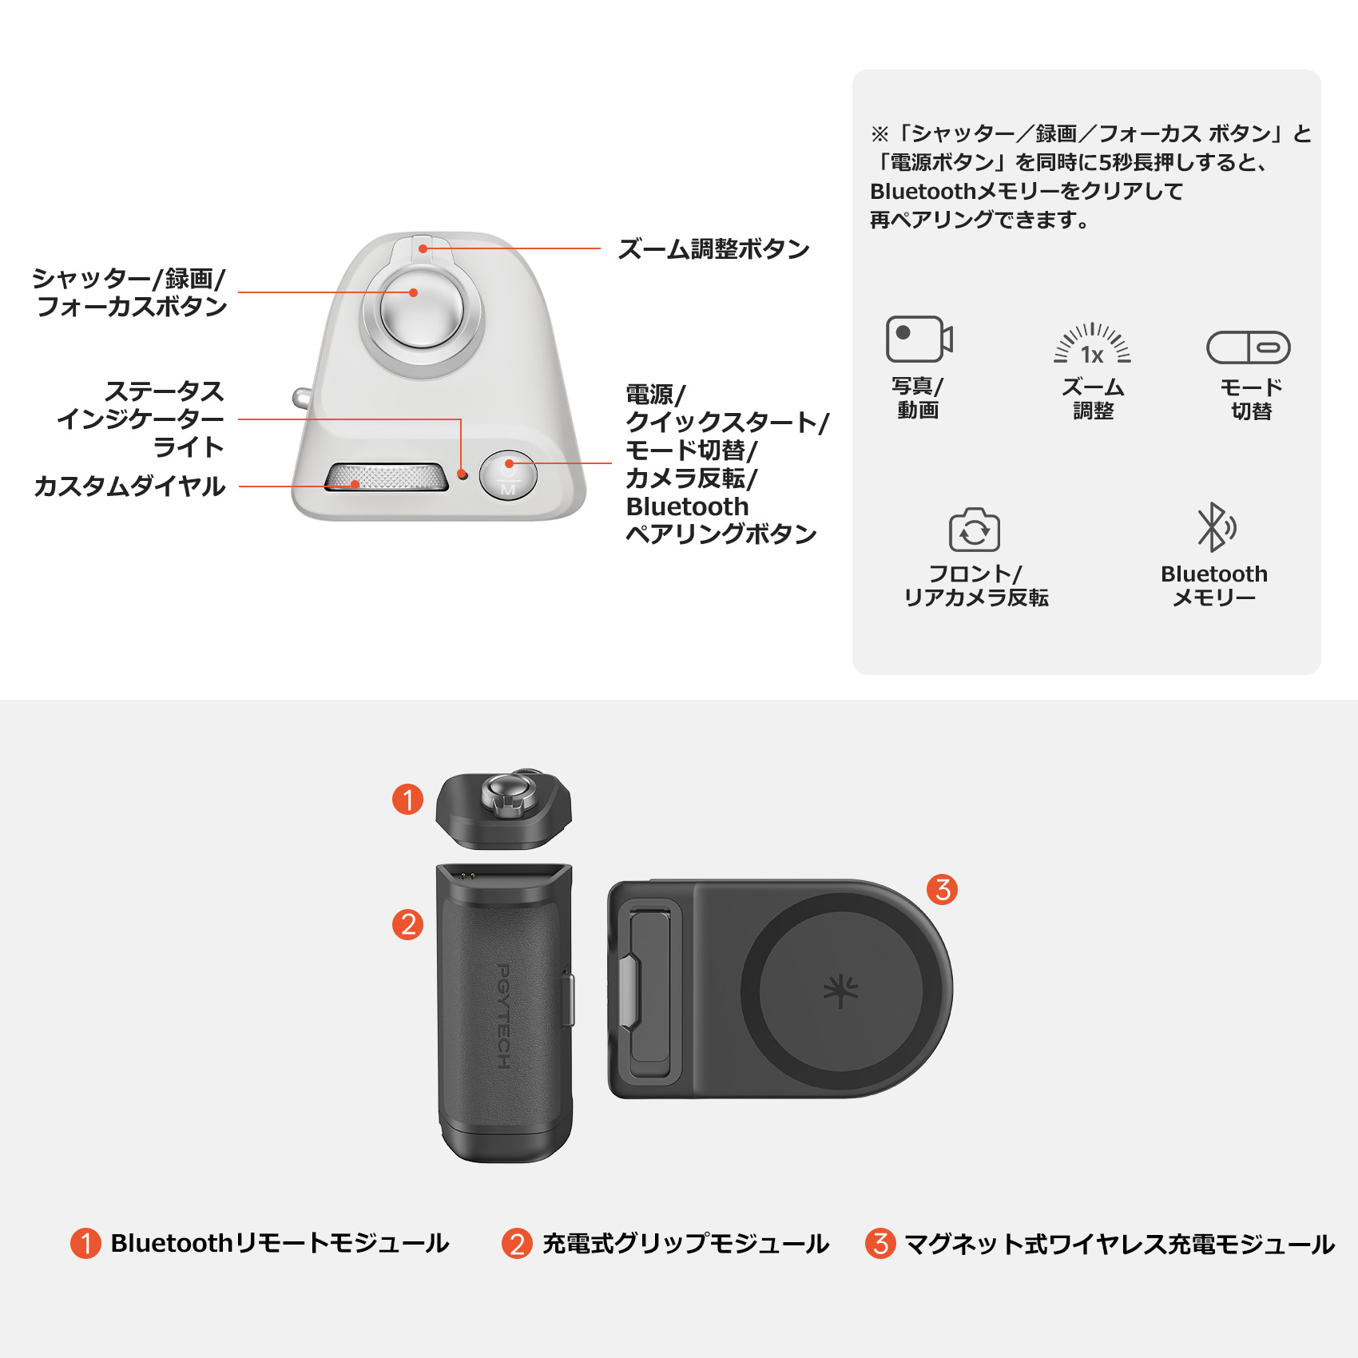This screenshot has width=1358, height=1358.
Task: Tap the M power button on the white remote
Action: (x=508, y=475)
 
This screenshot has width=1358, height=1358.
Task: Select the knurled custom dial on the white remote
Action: (x=386, y=477)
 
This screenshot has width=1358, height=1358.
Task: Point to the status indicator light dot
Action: (x=463, y=475)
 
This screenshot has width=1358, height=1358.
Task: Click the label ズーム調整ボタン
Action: (x=713, y=249)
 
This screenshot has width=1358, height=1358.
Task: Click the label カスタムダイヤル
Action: (x=129, y=486)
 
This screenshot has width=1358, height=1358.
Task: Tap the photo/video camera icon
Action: (x=919, y=339)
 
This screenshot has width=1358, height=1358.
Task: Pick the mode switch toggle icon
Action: (x=1248, y=347)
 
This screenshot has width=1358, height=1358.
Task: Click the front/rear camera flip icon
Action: (x=974, y=530)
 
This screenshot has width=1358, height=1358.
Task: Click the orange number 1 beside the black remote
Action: (x=407, y=800)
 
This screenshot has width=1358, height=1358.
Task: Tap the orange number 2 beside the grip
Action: (x=407, y=924)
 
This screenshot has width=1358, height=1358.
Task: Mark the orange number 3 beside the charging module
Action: (x=943, y=889)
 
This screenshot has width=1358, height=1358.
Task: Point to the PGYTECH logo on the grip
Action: (x=503, y=1015)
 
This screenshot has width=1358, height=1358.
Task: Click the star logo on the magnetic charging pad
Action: (x=840, y=991)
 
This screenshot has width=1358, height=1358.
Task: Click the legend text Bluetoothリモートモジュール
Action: (x=280, y=1243)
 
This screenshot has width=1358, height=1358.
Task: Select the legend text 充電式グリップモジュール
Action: (x=685, y=1243)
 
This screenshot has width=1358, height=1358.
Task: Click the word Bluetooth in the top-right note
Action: (x=923, y=192)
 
